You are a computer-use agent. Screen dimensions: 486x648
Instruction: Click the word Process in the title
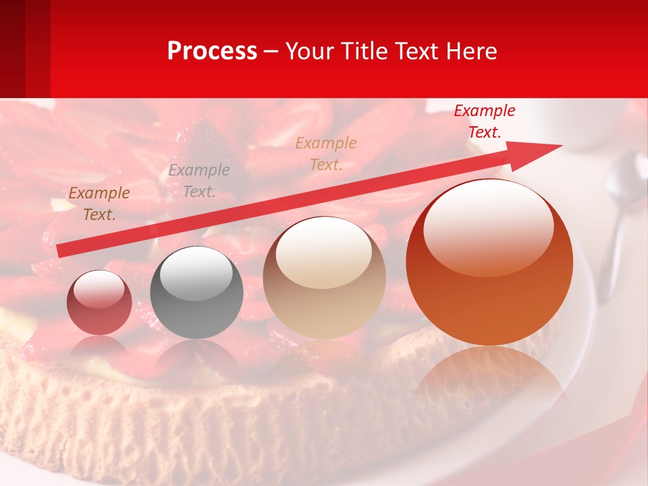pos(212,51)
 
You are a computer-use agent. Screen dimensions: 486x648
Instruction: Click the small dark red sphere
pos(99,302)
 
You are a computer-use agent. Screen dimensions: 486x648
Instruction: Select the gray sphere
pos(196,293)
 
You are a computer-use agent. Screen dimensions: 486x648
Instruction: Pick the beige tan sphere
pos(324,277)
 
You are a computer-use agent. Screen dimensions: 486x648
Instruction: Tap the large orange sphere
pos(489,263)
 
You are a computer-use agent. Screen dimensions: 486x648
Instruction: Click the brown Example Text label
pos(99,204)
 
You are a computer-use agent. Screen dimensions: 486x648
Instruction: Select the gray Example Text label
pos(198,181)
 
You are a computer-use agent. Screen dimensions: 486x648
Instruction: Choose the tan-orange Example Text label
pos(326,153)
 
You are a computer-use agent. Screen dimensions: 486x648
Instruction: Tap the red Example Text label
pos(484,122)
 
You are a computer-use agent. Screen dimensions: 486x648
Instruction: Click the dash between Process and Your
pos(271,51)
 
